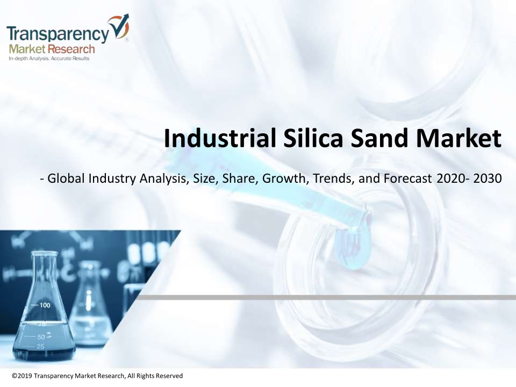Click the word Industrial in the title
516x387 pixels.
click(x=220, y=138)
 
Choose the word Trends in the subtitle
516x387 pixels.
click(x=334, y=178)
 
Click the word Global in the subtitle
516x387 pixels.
click(x=66, y=178)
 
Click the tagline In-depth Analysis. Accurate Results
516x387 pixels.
click(x=49, y=59)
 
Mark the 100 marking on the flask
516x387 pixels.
click(x=45, y=305)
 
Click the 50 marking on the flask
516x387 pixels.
click(x=41, y=337)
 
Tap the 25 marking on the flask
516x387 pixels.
click(x=40, y=347)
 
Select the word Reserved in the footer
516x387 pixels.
click(x=169, y=376)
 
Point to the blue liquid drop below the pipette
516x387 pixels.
click(x=353, y=248)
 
